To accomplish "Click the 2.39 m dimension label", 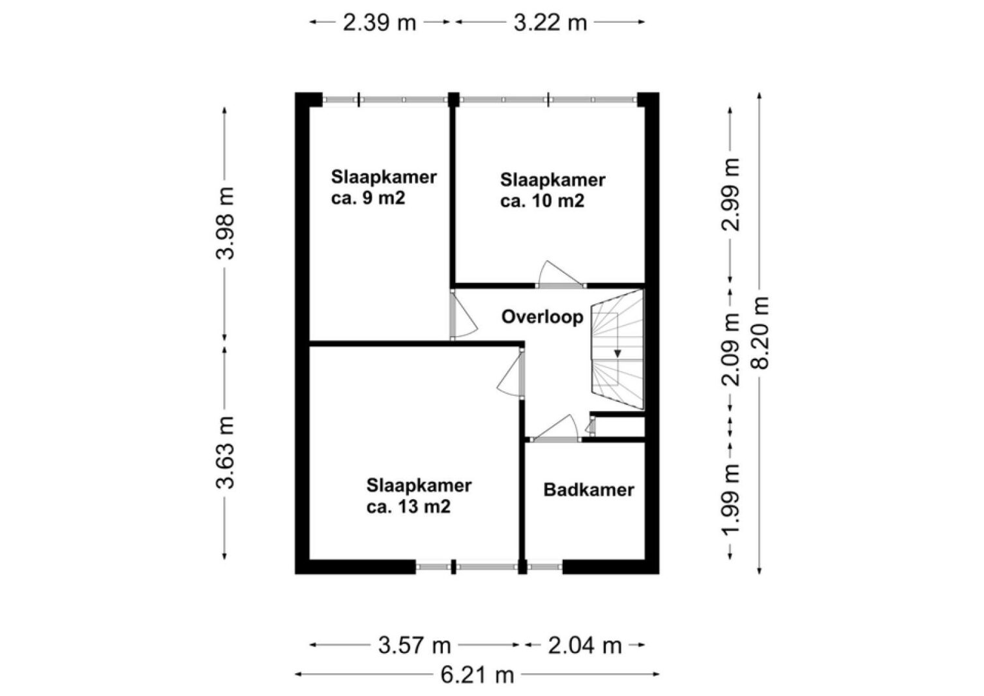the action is click(379, 23).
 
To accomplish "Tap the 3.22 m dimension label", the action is click(550, 23).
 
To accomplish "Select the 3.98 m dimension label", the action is click(225, 223).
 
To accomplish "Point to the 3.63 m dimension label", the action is click(225, 453).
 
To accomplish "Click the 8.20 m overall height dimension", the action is click(760, 333).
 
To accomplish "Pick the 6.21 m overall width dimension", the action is click(477, 675).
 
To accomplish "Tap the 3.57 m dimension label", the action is click(414, 646).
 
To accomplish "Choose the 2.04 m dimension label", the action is click(585, 646).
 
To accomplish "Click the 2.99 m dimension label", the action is click(730, 194).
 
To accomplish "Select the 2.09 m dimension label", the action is click(730, 350).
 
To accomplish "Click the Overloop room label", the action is click(543, 317).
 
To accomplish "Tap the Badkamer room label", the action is click(589, 490).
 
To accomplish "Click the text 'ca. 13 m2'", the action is click(409, 507).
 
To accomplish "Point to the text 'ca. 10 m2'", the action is click(542, 202).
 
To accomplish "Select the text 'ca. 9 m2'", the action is click(368, 198).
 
